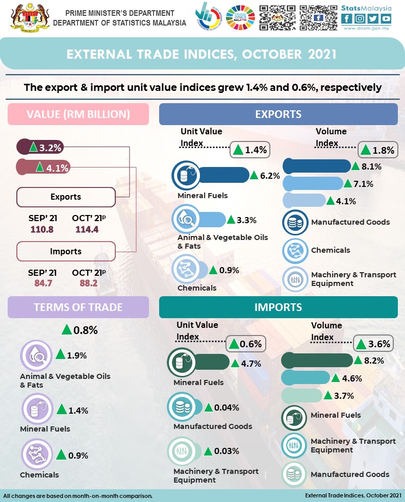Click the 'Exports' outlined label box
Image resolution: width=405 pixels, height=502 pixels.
click(66, 197)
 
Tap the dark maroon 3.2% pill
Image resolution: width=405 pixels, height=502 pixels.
click(40, 148)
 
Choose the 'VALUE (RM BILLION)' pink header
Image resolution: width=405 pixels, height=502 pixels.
click(78, 114)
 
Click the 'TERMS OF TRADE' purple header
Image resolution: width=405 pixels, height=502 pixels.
click(78, 307)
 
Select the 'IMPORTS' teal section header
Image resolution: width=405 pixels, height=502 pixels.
click(278, 307)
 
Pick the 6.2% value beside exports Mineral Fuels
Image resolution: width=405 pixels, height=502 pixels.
click(270, 176)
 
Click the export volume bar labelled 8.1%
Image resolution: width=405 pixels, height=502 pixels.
click(316, 166)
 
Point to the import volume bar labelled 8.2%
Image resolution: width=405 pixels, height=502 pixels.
click(317, 361)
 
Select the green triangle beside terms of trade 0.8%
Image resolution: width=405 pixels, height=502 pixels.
click(66, 329)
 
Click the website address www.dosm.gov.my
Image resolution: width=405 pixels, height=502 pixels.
click(366, 29)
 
